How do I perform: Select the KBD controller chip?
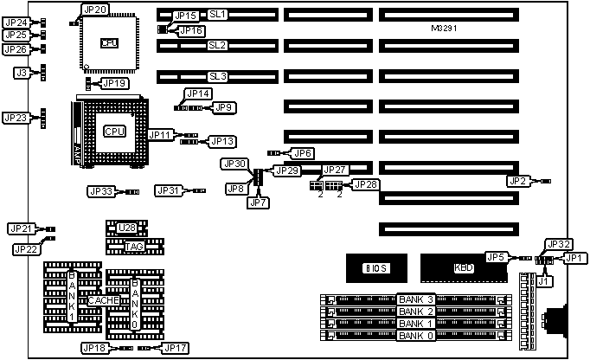coord(463,268)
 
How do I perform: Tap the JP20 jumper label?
coord(95,10)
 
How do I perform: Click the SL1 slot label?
coord(217,15)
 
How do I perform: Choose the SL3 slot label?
coord(217,76)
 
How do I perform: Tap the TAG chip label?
coord(134,247)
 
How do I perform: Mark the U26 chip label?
coord(128,228)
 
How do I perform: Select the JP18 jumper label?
coord(93,347)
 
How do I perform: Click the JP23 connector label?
coord(15,117)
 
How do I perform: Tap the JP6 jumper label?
coord(302,153)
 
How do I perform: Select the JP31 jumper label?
coord(169,190)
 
